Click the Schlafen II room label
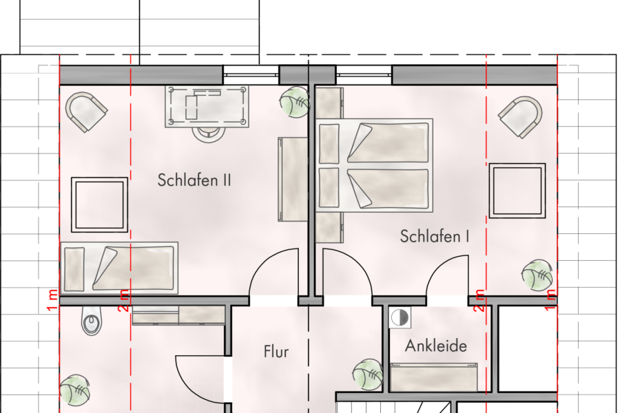coord(194,181)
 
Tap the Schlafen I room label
coord(435,237)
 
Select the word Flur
coord(276,352)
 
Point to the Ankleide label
coord(435,345)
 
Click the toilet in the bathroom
coord(91,322)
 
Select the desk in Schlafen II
coord(207,106)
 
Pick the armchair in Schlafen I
coord(521,116)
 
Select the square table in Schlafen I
coord(516,190)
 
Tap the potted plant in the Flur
coord(367,374)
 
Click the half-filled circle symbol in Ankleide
coord(399,317)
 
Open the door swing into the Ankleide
coord(447,279)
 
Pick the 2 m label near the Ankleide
coord(480,300)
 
